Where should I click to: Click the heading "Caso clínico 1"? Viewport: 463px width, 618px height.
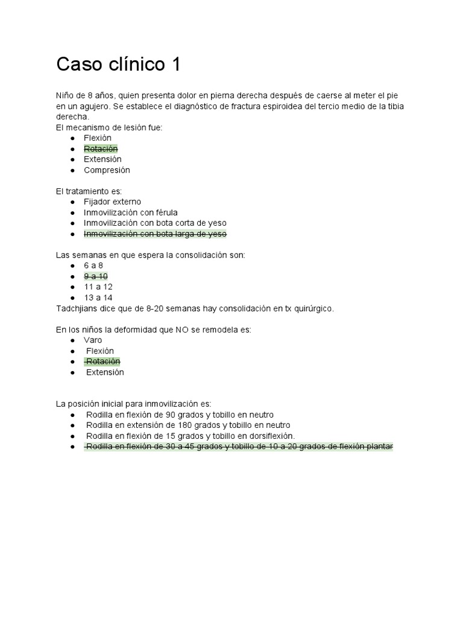[x=118, y=65]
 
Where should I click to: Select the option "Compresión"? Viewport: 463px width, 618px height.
[x=107, y=170]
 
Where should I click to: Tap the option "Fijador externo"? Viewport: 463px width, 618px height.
[x=112, y=202]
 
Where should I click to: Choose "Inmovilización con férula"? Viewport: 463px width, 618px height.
[x=130, y=212]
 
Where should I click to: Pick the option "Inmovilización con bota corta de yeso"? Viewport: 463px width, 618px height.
[x=155, y=223]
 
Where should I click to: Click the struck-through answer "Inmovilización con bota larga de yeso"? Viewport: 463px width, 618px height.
[x=155, y=234]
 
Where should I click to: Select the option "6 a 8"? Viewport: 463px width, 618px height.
[x=93, y=265]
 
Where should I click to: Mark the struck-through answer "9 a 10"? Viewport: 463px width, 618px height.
[x=95, y=276]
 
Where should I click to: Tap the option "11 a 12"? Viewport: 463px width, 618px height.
[x=98, y=287]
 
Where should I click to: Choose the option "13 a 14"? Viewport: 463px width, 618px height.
[x=98, y=298]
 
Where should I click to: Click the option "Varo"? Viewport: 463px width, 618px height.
[x=93, y=340]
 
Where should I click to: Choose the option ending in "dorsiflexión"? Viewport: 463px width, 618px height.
[x=191, y=436]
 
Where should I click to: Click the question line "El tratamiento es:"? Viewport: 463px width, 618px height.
[x=89, y=191]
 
